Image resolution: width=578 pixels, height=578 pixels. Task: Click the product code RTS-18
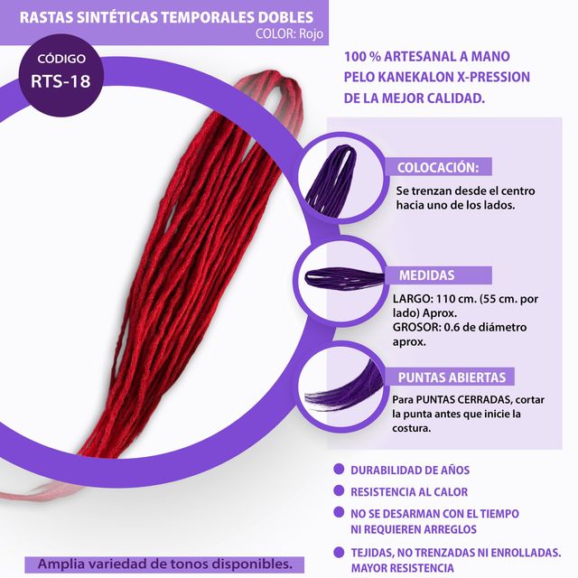point(61,79)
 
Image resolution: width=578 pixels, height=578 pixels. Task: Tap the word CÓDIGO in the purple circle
point(61,57)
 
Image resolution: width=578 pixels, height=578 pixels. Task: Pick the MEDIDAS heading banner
point(426,275)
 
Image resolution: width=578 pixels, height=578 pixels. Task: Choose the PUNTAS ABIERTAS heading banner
point(452,377)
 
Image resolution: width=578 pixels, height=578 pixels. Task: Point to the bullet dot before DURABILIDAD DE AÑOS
point(339,470)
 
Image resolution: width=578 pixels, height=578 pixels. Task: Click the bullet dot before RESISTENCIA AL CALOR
point(339,491)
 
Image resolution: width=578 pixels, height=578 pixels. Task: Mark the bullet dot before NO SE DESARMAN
point(339,513)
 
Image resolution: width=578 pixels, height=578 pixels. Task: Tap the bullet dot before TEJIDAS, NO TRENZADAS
point(339,552)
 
